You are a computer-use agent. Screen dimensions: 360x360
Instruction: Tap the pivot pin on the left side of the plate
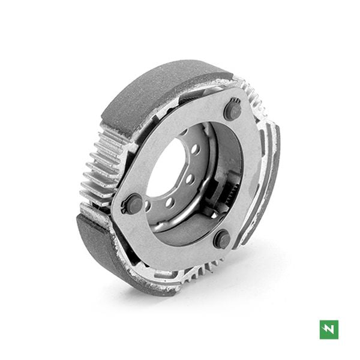134,203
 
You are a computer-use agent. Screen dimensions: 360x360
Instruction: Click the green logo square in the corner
329,329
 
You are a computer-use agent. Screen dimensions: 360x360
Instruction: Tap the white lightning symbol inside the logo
329,329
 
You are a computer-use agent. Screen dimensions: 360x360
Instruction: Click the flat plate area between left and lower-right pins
174,240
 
